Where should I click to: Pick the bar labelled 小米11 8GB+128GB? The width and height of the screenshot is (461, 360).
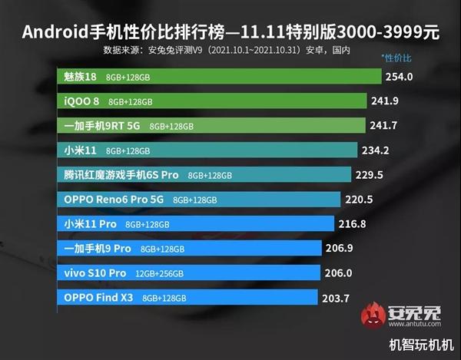(207, 150)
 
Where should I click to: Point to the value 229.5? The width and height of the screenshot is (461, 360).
(369, 174)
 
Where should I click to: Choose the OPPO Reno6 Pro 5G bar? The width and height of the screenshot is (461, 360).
(200, 199)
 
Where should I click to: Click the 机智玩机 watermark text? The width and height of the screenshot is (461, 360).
(420, 346)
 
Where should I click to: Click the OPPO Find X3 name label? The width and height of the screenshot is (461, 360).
(98, 297)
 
